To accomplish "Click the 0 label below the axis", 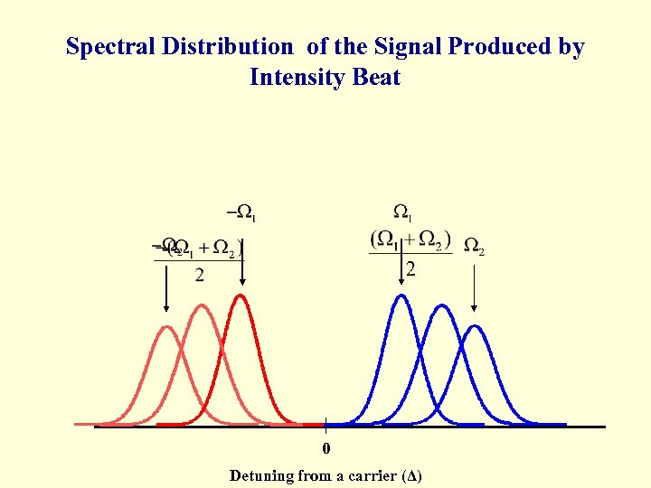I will [x=326, y=449].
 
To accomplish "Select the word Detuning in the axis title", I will [x=261, y=475].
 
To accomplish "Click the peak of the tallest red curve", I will [x=241, y=296].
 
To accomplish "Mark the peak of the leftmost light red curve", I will [x=166, y=327].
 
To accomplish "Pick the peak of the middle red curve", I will [x=203, y=306].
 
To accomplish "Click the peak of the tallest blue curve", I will [x=401, y=296].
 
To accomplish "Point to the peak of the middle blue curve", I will [x=440, y=306].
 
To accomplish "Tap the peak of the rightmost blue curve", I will [x=475, y=326].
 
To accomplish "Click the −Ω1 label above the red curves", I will [x=241, y=213].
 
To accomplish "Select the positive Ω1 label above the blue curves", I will [x=403, y=213].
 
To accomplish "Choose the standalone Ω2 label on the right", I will [x=474, y=245].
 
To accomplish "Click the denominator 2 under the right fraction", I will [x=410, y=269].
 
